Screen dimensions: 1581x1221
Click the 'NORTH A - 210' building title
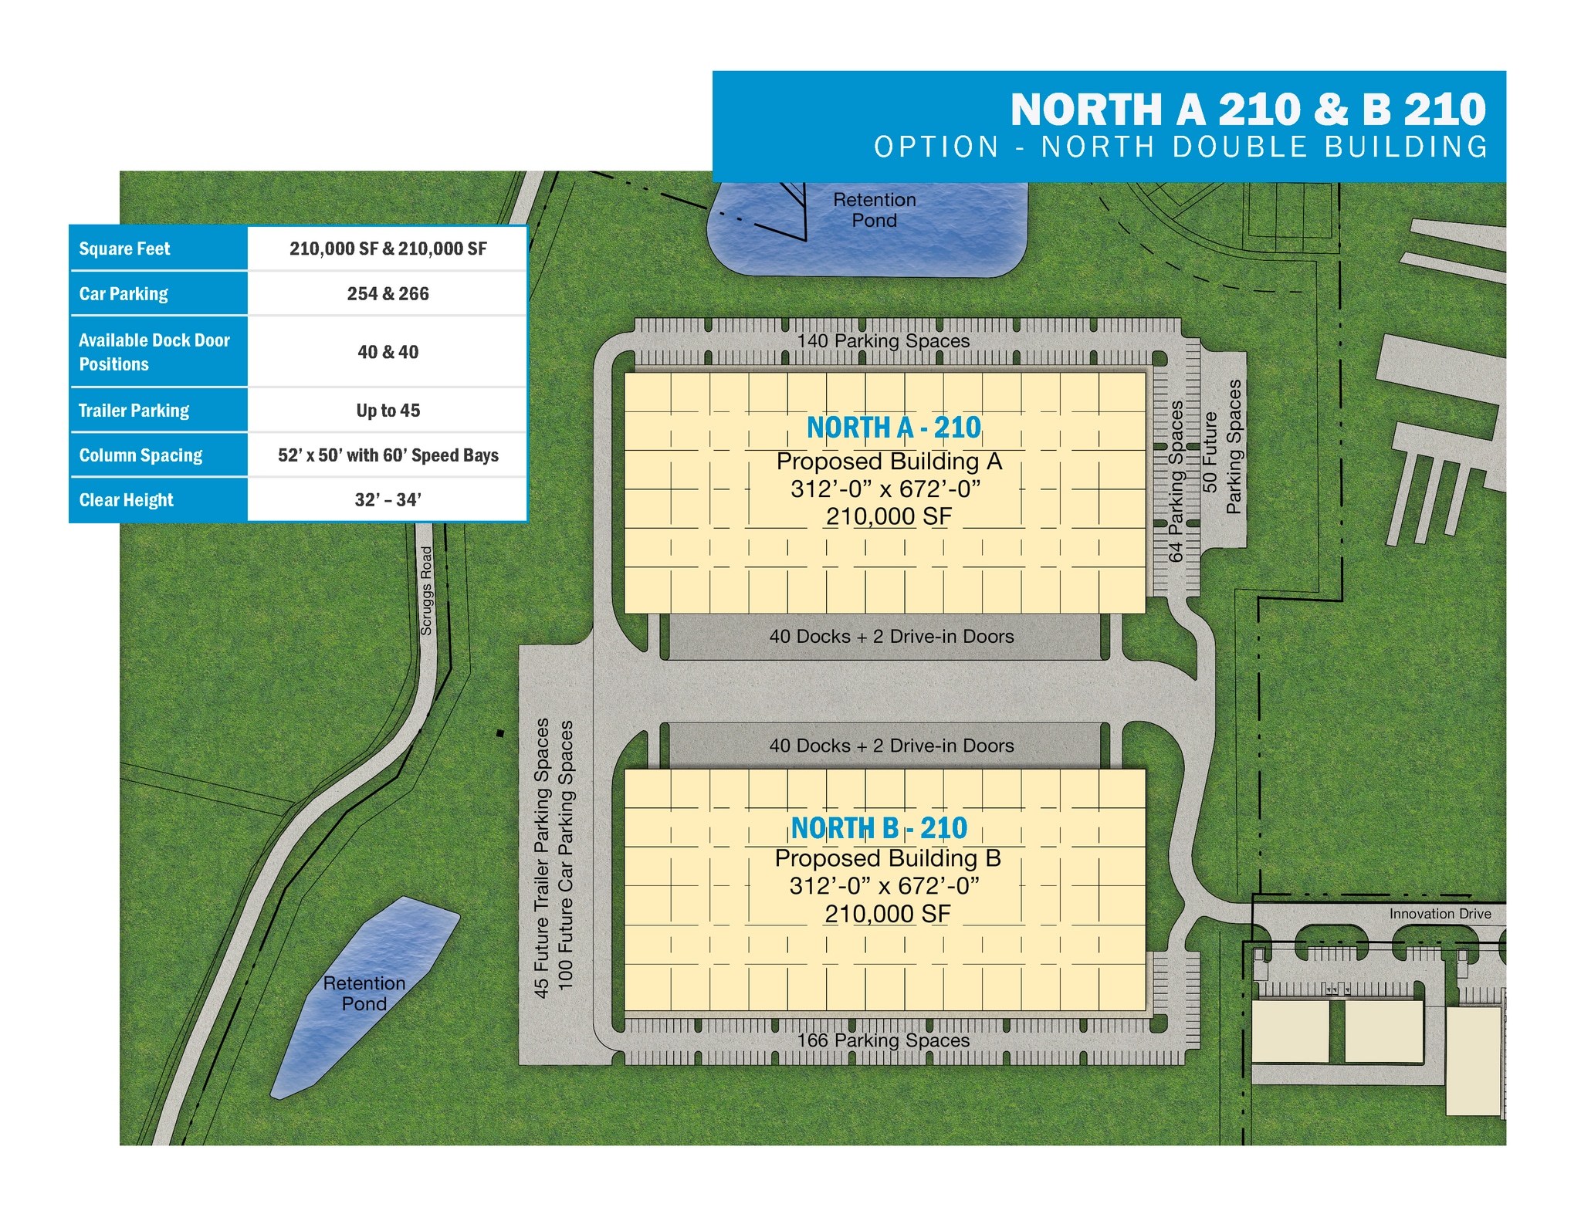coord(893,428)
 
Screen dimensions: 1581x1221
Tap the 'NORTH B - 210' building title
coord(879,828)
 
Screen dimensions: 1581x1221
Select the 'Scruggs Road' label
coord(426,590)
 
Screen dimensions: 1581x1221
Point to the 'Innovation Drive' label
coord(1440,914)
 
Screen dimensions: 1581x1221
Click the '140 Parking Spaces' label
coord(883,341)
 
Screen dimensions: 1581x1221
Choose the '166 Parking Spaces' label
coord(883,1040)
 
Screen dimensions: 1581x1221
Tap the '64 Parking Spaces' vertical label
coord(1176,481)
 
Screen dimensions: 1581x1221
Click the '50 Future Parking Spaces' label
coord(1222,448)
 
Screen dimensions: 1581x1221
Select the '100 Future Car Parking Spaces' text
coord(566,855)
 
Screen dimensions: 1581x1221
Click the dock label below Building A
coord(892,637)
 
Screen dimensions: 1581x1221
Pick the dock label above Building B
coord(892,746)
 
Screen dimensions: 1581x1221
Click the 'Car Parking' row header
coord(124,294)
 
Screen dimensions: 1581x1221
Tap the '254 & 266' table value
coord(388,294)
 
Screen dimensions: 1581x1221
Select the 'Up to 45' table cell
coord(388,411)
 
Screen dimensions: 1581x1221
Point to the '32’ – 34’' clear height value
coord(388,500)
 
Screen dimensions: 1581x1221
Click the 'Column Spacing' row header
coord(140,455)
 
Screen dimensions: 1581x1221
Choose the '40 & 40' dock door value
coord(388,352)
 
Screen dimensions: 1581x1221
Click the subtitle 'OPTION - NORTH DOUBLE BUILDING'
coord(1180,147)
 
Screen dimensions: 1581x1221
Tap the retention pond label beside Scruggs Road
coord(364,993)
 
